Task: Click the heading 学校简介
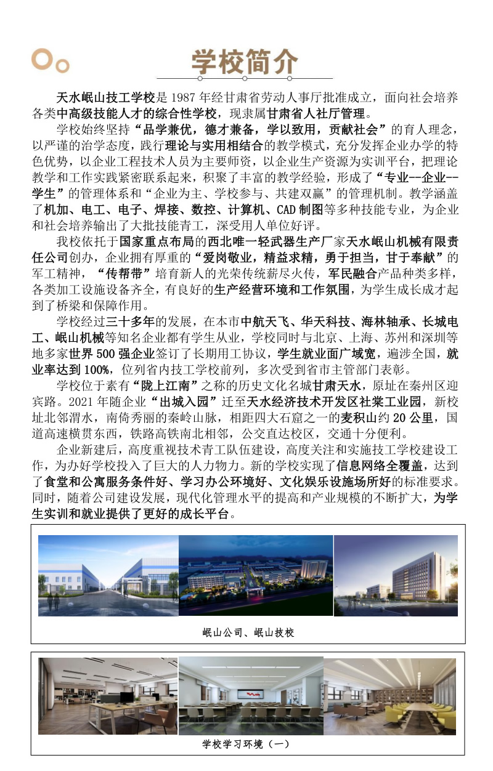[245, 62]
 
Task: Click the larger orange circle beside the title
[41, 59]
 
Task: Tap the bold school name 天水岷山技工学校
[105, 98]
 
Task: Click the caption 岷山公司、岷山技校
[248, 632]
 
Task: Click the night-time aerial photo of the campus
[256, 575]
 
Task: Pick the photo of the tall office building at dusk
[396, 575]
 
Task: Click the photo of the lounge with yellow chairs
[389, 696]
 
